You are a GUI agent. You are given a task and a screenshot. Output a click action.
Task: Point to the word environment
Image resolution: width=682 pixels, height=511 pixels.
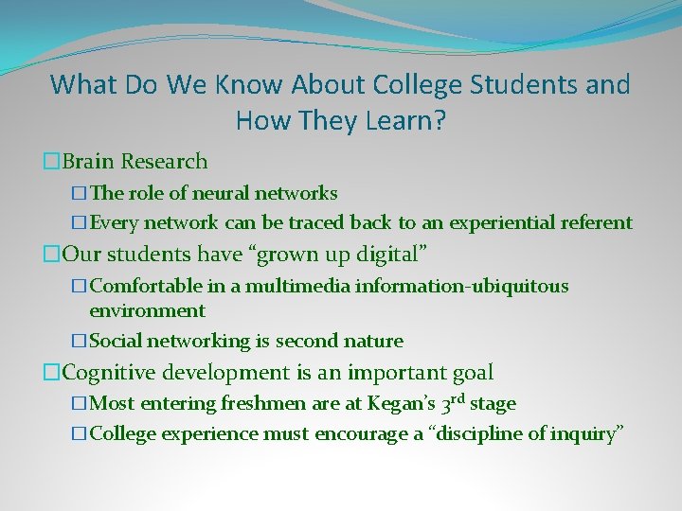pyautogui.click(x=147, y=310)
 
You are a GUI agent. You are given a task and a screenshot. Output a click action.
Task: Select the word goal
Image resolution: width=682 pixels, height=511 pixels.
pyautogui.click(x=471, y=373)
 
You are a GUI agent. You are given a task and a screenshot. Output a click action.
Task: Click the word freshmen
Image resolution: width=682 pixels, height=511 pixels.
pyautogui.click(x=262, y=404)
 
